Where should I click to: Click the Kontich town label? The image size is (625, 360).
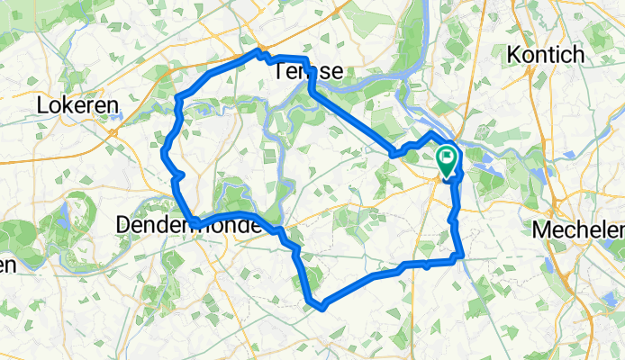[546, 54]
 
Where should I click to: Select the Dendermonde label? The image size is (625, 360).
[189, 225]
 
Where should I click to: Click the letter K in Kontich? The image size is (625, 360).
[514, 54]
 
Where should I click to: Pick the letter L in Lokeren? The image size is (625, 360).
[42, 105]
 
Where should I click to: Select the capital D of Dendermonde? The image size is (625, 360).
[124, 225]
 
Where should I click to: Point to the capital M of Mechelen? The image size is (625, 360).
[541, 229]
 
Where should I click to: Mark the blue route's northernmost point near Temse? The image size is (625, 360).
[258, 52]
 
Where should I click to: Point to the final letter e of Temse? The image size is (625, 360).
[336, 71]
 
